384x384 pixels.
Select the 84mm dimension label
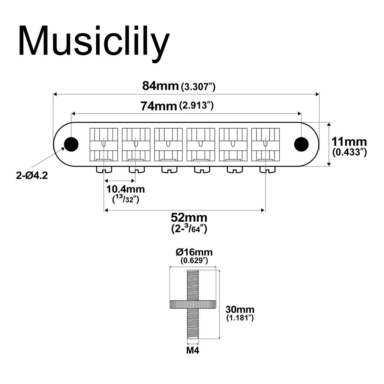tap(160, 86)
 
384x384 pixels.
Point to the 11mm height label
tap(349, 142)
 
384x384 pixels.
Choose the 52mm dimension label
tap(189, 218)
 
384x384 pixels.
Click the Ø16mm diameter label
tap(194, 252)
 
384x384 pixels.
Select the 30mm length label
tap(240, 310)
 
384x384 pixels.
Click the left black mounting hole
tap(71, 144)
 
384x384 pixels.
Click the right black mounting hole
tap(301, 144)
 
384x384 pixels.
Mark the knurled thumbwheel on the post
tap(193, 304)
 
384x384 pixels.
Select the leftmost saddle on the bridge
tap(103, 144)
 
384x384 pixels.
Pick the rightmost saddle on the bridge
tap(265, 144)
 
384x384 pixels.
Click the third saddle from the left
tap(168, 144)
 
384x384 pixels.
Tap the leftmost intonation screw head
tap(104, 170)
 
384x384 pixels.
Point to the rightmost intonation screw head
tap(267, 170)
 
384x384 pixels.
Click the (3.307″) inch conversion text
tap(198, 87)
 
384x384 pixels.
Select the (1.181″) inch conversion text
tap(240, 318)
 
